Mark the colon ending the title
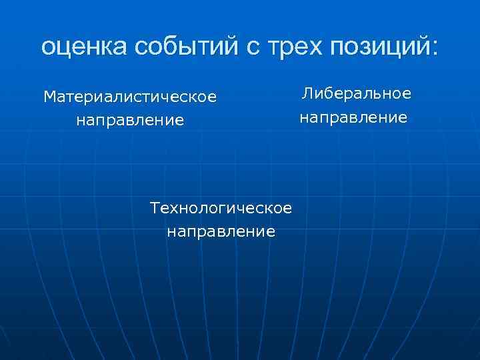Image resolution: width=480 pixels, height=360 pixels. click(x=435, y=48)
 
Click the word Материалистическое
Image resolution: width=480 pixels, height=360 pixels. click(x=130, y=97)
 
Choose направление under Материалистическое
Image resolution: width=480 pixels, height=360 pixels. click(x=130, y=121)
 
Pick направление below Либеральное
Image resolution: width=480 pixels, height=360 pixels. click(x=353, y=118)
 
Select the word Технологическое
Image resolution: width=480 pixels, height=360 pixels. click(x=221, y=208)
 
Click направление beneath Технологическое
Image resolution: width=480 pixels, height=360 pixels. click(x=221, y=232)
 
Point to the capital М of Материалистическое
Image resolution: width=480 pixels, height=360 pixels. click(x=49, y=97)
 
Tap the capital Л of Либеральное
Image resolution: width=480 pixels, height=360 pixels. click(x=307, y=94)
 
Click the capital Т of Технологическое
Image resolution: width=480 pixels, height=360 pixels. click(x=155, y=208)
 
